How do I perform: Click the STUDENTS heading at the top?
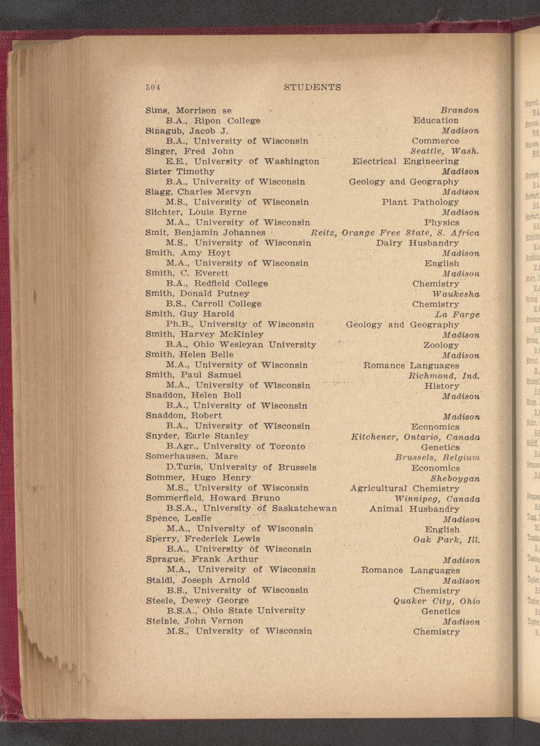tap(312, 87)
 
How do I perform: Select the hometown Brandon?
tap(460, 110)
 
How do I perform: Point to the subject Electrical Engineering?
tap(406, 161)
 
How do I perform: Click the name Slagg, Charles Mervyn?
tap(198, 192)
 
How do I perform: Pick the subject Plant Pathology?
tap(420, 202)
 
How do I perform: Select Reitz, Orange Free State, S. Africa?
tap(395, 233)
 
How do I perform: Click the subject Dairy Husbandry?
tap(417, 243)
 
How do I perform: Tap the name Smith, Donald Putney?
tap(197, 294)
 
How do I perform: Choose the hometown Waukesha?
tap(456, 294)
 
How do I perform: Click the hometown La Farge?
tap(457, 315)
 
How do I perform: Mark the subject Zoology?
tap(441, 345)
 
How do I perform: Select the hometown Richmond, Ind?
tap(444, 376)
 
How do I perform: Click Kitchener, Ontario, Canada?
tap(415, 437)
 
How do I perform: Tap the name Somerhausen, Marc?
tap(192, 456)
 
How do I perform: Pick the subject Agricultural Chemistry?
tap(404, 489)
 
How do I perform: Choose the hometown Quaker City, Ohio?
tap(436, 601)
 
